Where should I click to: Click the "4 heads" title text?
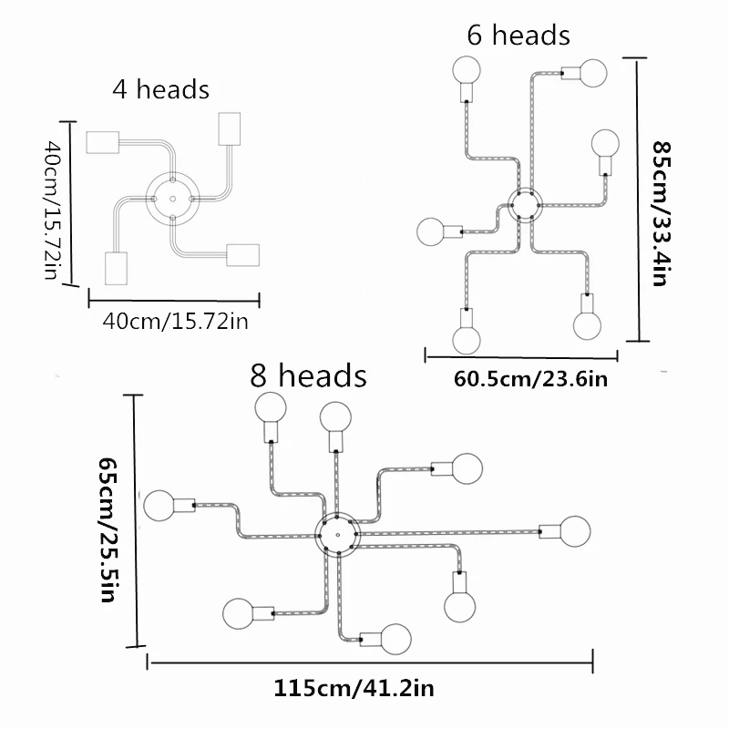(160, 89)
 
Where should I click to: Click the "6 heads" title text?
(519, 36)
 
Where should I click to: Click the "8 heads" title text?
(309, 375)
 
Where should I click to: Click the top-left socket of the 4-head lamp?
(102, 141)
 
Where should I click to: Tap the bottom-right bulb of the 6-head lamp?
(588, 323)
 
